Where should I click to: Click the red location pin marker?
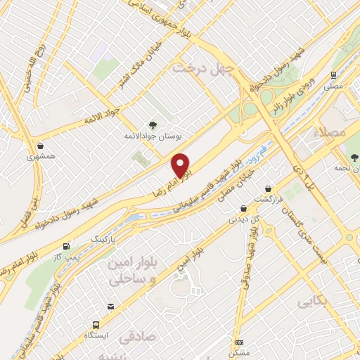pos(181,166)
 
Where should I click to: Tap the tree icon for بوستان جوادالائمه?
pos(153,124)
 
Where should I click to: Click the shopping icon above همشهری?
pos(40,148)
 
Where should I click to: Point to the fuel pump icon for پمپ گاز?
pos(66,247)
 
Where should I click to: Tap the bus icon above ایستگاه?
pos(96,325)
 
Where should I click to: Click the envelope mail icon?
pos(110,306)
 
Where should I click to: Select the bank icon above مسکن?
pos(239,342)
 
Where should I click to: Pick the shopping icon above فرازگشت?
pos(269,188)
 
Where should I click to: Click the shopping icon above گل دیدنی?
pos(243,208)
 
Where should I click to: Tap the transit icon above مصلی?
pos(333,75)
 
